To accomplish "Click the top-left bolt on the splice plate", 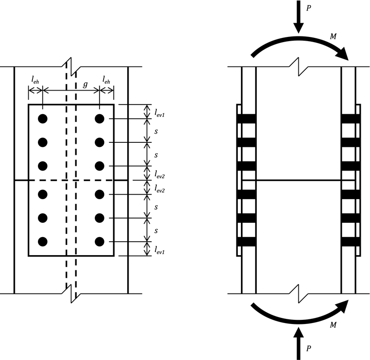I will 43,119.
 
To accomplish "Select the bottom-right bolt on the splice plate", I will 99,241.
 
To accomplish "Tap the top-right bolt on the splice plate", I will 99,119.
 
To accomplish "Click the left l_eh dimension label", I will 35,79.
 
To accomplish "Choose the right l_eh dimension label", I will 107,79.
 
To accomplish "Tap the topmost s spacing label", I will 157,131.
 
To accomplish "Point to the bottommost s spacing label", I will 157,230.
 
